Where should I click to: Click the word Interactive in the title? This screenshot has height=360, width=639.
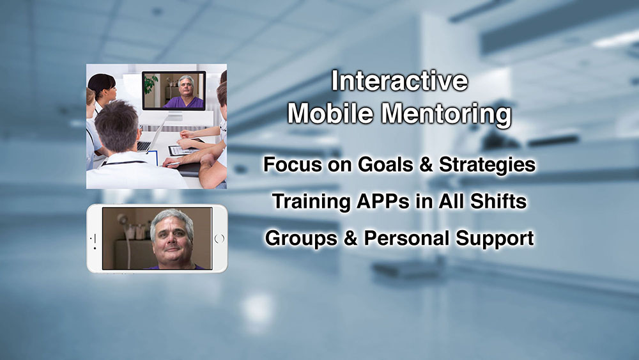(x=399, y=81)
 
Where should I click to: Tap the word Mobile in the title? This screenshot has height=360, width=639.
(x=330, y=113)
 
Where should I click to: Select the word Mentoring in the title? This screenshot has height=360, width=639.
(x=446, y=114)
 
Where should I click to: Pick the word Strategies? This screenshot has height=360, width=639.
(x=488, y=166)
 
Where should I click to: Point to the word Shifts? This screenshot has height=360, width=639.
(x=498, y=201)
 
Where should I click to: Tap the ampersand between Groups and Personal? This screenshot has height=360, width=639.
(x=350, y=238)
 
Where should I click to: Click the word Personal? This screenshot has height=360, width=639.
(x=406, y=238)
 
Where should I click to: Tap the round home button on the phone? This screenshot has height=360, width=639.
(x=219, y=239)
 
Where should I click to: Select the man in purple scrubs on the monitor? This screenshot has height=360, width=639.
(x=184, y=93)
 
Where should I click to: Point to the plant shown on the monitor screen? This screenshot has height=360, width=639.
(x=150, y=83)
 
